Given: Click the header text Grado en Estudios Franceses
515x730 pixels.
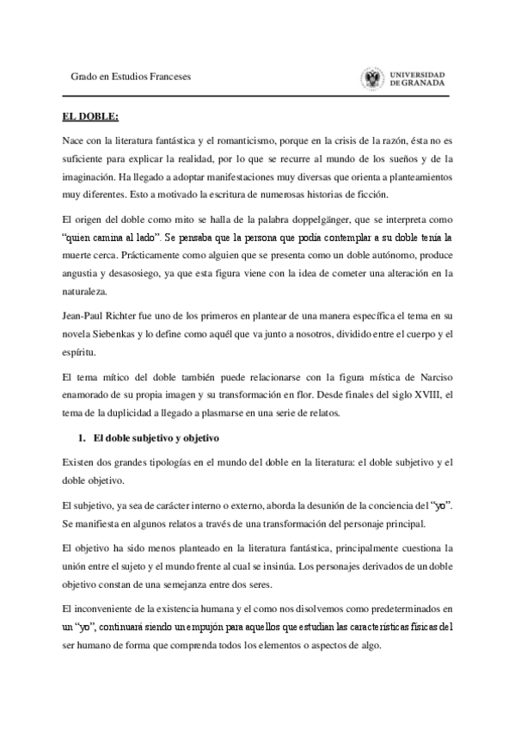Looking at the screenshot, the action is coord(131,77).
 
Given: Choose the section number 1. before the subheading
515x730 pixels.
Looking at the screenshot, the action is coord(83,437).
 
